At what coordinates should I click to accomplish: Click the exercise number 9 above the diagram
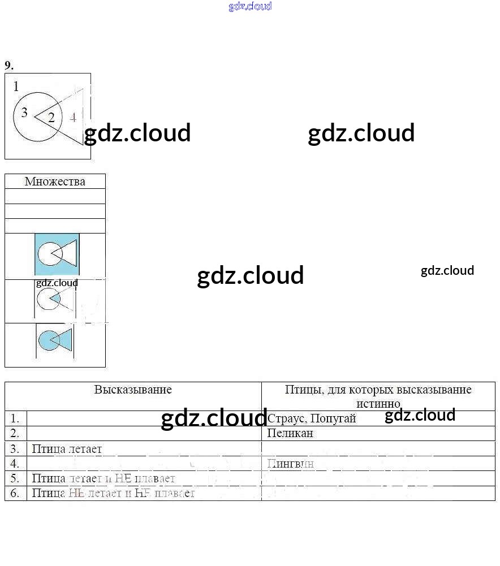click(x=8, y=66)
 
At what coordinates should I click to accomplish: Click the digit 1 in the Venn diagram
click(x=16, y=87)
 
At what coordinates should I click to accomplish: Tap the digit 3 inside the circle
click(x=24, y=113)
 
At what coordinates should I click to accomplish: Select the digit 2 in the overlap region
click(x=51, y=118)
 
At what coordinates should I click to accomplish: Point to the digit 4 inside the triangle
click(x=73, y=118)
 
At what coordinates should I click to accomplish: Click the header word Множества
click(x=55, y=182)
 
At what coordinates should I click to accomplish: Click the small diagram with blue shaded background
click(x=57, y=255)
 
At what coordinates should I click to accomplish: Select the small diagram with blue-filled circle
click(x=55, y=340)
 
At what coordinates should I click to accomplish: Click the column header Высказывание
click(x=133, y=390)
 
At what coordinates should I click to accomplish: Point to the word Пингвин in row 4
click(x=290, y=464)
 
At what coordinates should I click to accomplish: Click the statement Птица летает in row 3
click(x=67, y=449)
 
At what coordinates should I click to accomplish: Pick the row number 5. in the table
click(x=15, y=478)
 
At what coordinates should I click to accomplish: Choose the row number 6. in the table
click(x=15, y=493)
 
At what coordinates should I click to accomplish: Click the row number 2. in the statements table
click(x=15, y=434)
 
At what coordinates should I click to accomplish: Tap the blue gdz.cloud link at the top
click(x=250, y=6)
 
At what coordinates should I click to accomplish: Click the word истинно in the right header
click(x=378, y=404)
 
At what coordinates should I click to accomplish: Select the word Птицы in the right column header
click(x=303, y=390)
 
